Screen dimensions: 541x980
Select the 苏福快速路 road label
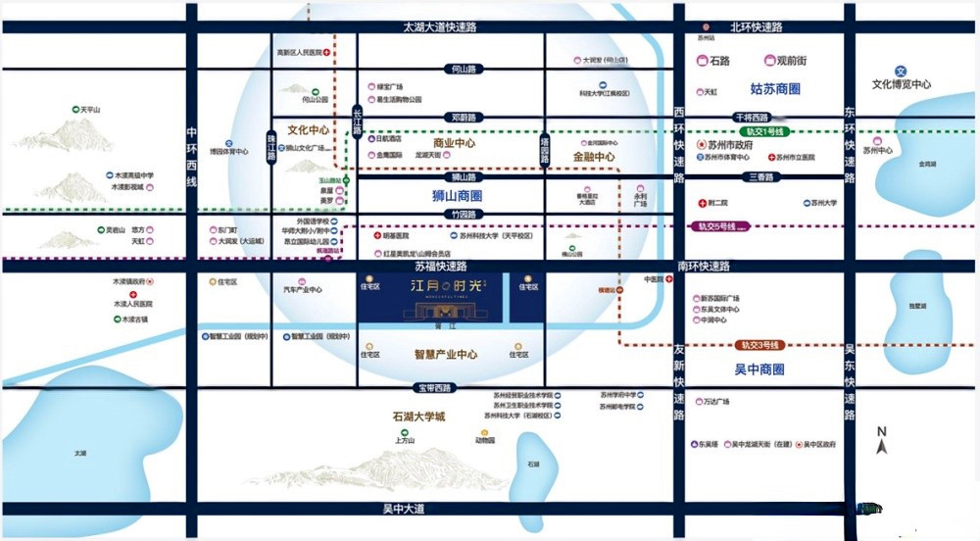coord(441,266)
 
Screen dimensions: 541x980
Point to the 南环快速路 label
coord(703,266)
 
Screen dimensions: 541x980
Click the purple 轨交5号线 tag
coord(722,226)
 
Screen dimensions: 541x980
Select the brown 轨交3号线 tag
coord(759,345)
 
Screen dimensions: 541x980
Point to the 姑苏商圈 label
coord(775,89)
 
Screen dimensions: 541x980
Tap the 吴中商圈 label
coord(759,369)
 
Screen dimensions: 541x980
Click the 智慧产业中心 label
coord(446,354)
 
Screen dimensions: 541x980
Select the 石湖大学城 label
coord(418,417)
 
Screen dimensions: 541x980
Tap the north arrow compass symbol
coord(882,441)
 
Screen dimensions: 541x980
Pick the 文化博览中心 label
coord(902,84)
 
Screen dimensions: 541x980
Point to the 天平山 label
coord(92,110)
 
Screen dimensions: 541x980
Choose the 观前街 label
coord(790,61)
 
